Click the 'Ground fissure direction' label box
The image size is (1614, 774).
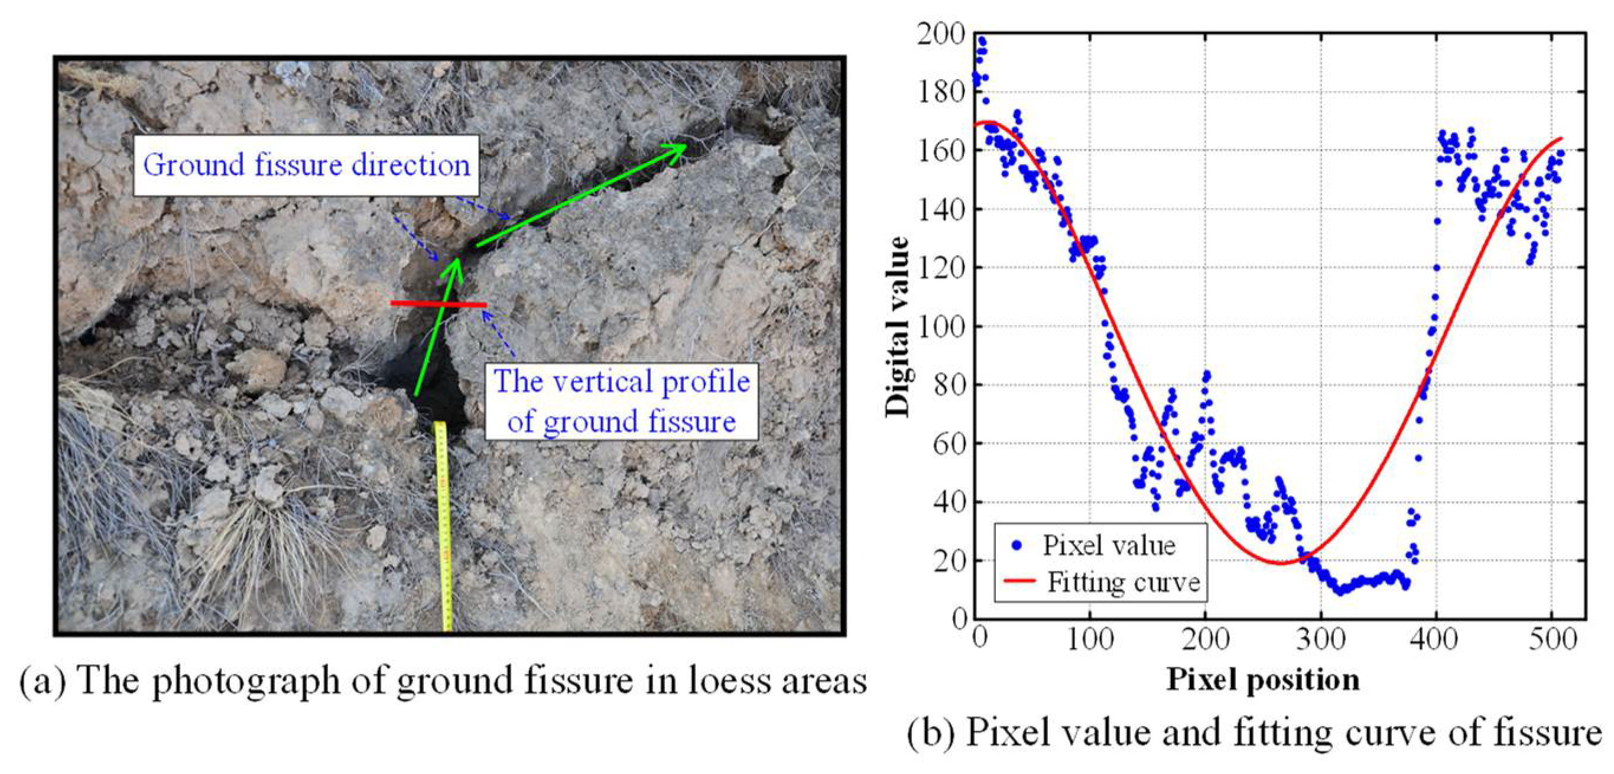click(306, 165)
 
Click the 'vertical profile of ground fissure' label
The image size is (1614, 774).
click(621, 401)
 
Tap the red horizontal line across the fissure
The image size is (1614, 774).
click(437, 304)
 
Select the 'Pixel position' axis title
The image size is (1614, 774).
click(1262, 680)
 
